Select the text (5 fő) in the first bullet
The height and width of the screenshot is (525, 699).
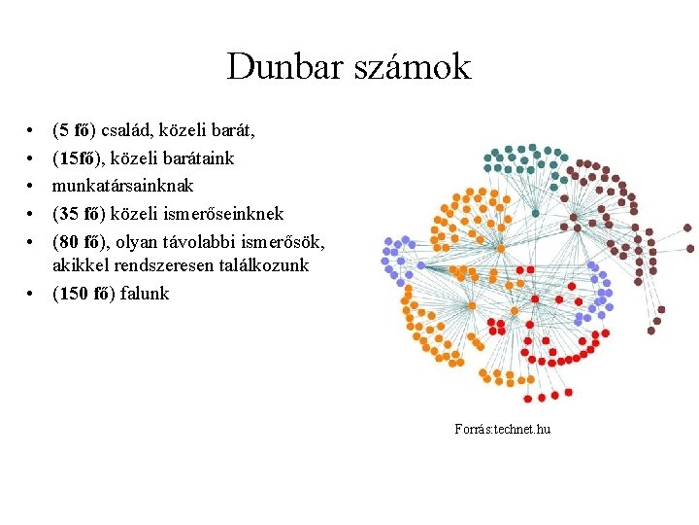pyautogui.click(x=75, y=129)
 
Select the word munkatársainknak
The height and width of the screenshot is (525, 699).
pyautogui.click(x=123, y=184)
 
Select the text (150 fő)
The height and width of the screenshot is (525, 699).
pyautogui.click(x=83, y=293)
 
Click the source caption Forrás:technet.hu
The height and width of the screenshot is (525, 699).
pyautogui.click(x=502, y=429)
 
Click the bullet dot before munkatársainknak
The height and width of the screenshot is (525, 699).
pyautogui.click(x=32, y=185)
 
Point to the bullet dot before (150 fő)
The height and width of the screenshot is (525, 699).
pyautogui.click(x=32, y=294)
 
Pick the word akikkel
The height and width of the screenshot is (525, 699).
pyautogui.click(x=80, y=264)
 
